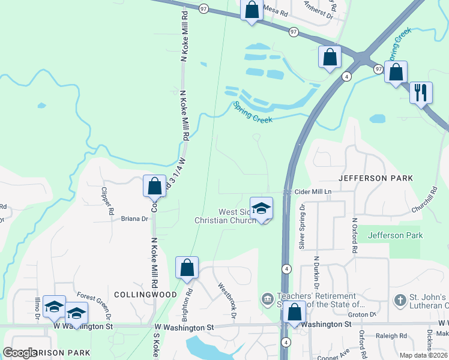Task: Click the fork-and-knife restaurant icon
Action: [x=421, y=93]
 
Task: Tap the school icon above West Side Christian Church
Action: [x=261, y=208]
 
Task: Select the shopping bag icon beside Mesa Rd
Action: [x=252, y=10]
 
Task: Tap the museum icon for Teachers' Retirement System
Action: [x=268, y=298]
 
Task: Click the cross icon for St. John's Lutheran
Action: [x=400, y=298]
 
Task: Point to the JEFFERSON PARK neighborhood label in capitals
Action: [x=376, y=178]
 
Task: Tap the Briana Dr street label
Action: [x=135, y=219]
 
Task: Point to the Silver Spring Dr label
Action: [x=302, y=226]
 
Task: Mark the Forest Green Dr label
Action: [x=95, y=305]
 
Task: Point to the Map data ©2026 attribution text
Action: [x=423, y=355]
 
